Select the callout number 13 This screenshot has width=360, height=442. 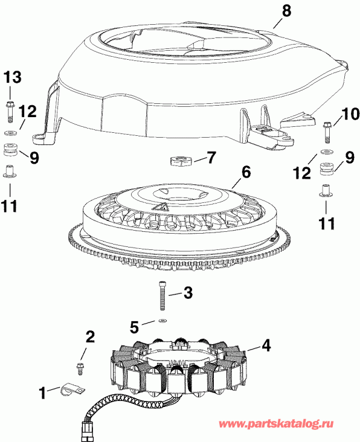13,77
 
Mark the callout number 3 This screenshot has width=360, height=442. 188,294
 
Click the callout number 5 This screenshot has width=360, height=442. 135,327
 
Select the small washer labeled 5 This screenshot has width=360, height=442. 162,321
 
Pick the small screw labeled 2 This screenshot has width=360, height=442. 79,367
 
